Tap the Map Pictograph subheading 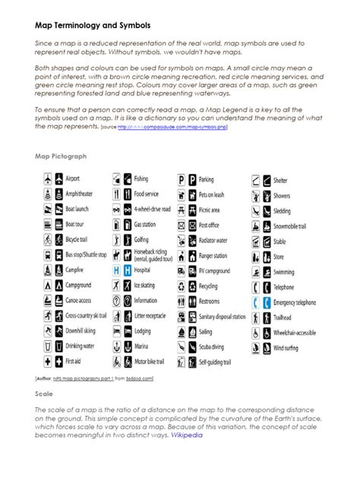click(x=62, y=156)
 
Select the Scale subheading click(x=44, y=395)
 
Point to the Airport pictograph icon click(x=49, y=179)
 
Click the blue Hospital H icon click(x=117, y=270)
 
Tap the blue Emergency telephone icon click(x=258, y=302)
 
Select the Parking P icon click(x=182, y=180)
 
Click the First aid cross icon click(x=49, y=362)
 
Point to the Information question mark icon click(x=117, y=300)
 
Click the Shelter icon click(x=258, y=180)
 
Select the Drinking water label click(x=80, y=346)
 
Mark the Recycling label click(x=209, y=286)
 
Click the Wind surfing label click(x=288, y=347)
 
